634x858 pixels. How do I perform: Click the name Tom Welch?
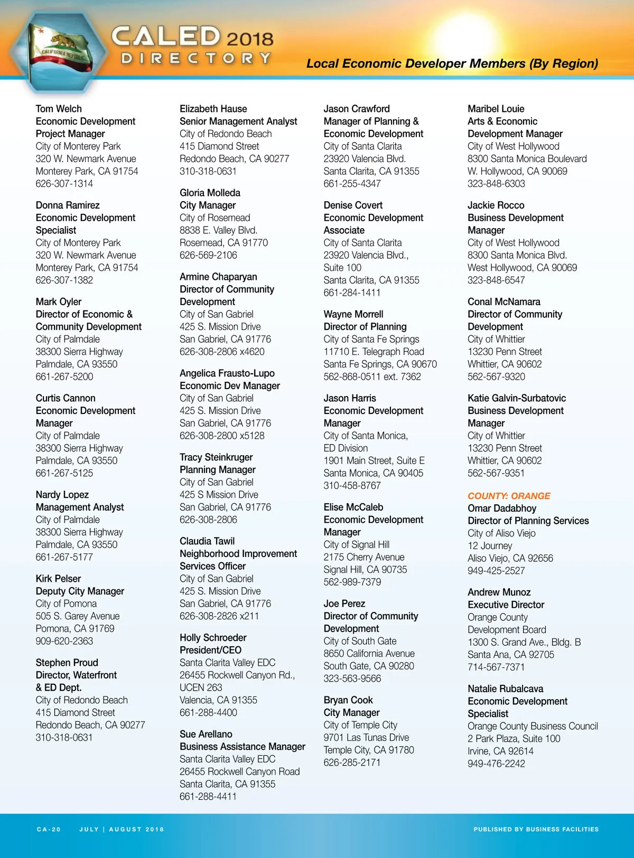point(59,109)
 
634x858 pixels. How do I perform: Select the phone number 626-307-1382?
point(64,280)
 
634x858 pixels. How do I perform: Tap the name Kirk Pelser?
point(58,579)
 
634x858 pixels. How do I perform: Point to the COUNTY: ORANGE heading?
point(509,496)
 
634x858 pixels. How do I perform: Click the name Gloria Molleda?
point(210,193)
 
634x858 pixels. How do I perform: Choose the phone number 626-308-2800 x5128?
point(222,436)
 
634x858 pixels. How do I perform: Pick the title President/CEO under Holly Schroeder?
point(210,650)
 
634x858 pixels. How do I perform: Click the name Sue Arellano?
point(206,734)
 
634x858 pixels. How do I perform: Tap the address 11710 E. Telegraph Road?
point(374,352)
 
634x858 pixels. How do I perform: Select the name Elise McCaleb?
point(353,507)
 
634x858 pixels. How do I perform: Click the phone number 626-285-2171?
point(352,762)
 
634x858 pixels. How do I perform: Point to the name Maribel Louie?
point(496,109)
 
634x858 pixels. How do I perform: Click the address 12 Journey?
point(490,545)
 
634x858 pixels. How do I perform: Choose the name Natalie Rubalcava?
point(505,689)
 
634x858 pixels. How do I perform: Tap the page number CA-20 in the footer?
point(49,829)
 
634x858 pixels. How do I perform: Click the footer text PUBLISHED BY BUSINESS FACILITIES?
point(536,829)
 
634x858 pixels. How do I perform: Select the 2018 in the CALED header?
point(250,39)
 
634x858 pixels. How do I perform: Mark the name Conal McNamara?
point(504,301)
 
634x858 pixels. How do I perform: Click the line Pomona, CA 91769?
point(75,628)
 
